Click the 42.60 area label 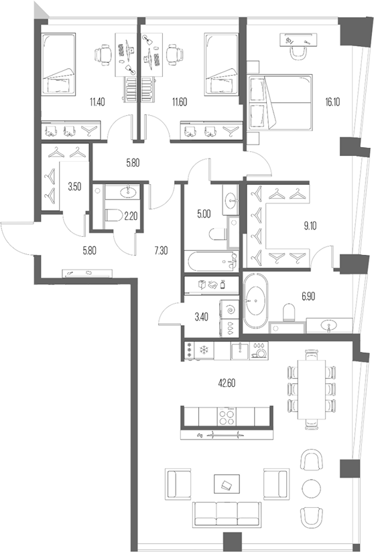coord(227,383)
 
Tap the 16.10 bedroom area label coord(332,102)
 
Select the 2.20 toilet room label coord(131,216)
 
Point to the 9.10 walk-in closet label coord(310,226)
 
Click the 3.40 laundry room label coord(201,317)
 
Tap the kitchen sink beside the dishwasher coord(240,351)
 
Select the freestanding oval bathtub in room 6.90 coord(255,300)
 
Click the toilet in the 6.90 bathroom coord(289,312)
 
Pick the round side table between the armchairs coord(312,488)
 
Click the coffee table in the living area coord(227,484)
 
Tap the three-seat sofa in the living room coord(227,515)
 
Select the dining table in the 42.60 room coord(312,389)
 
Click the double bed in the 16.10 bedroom coord(280,102)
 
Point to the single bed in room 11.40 coord(58,64)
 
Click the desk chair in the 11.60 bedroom coord(174,55)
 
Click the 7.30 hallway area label coord(161,251)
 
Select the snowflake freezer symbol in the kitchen coord(203,351)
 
